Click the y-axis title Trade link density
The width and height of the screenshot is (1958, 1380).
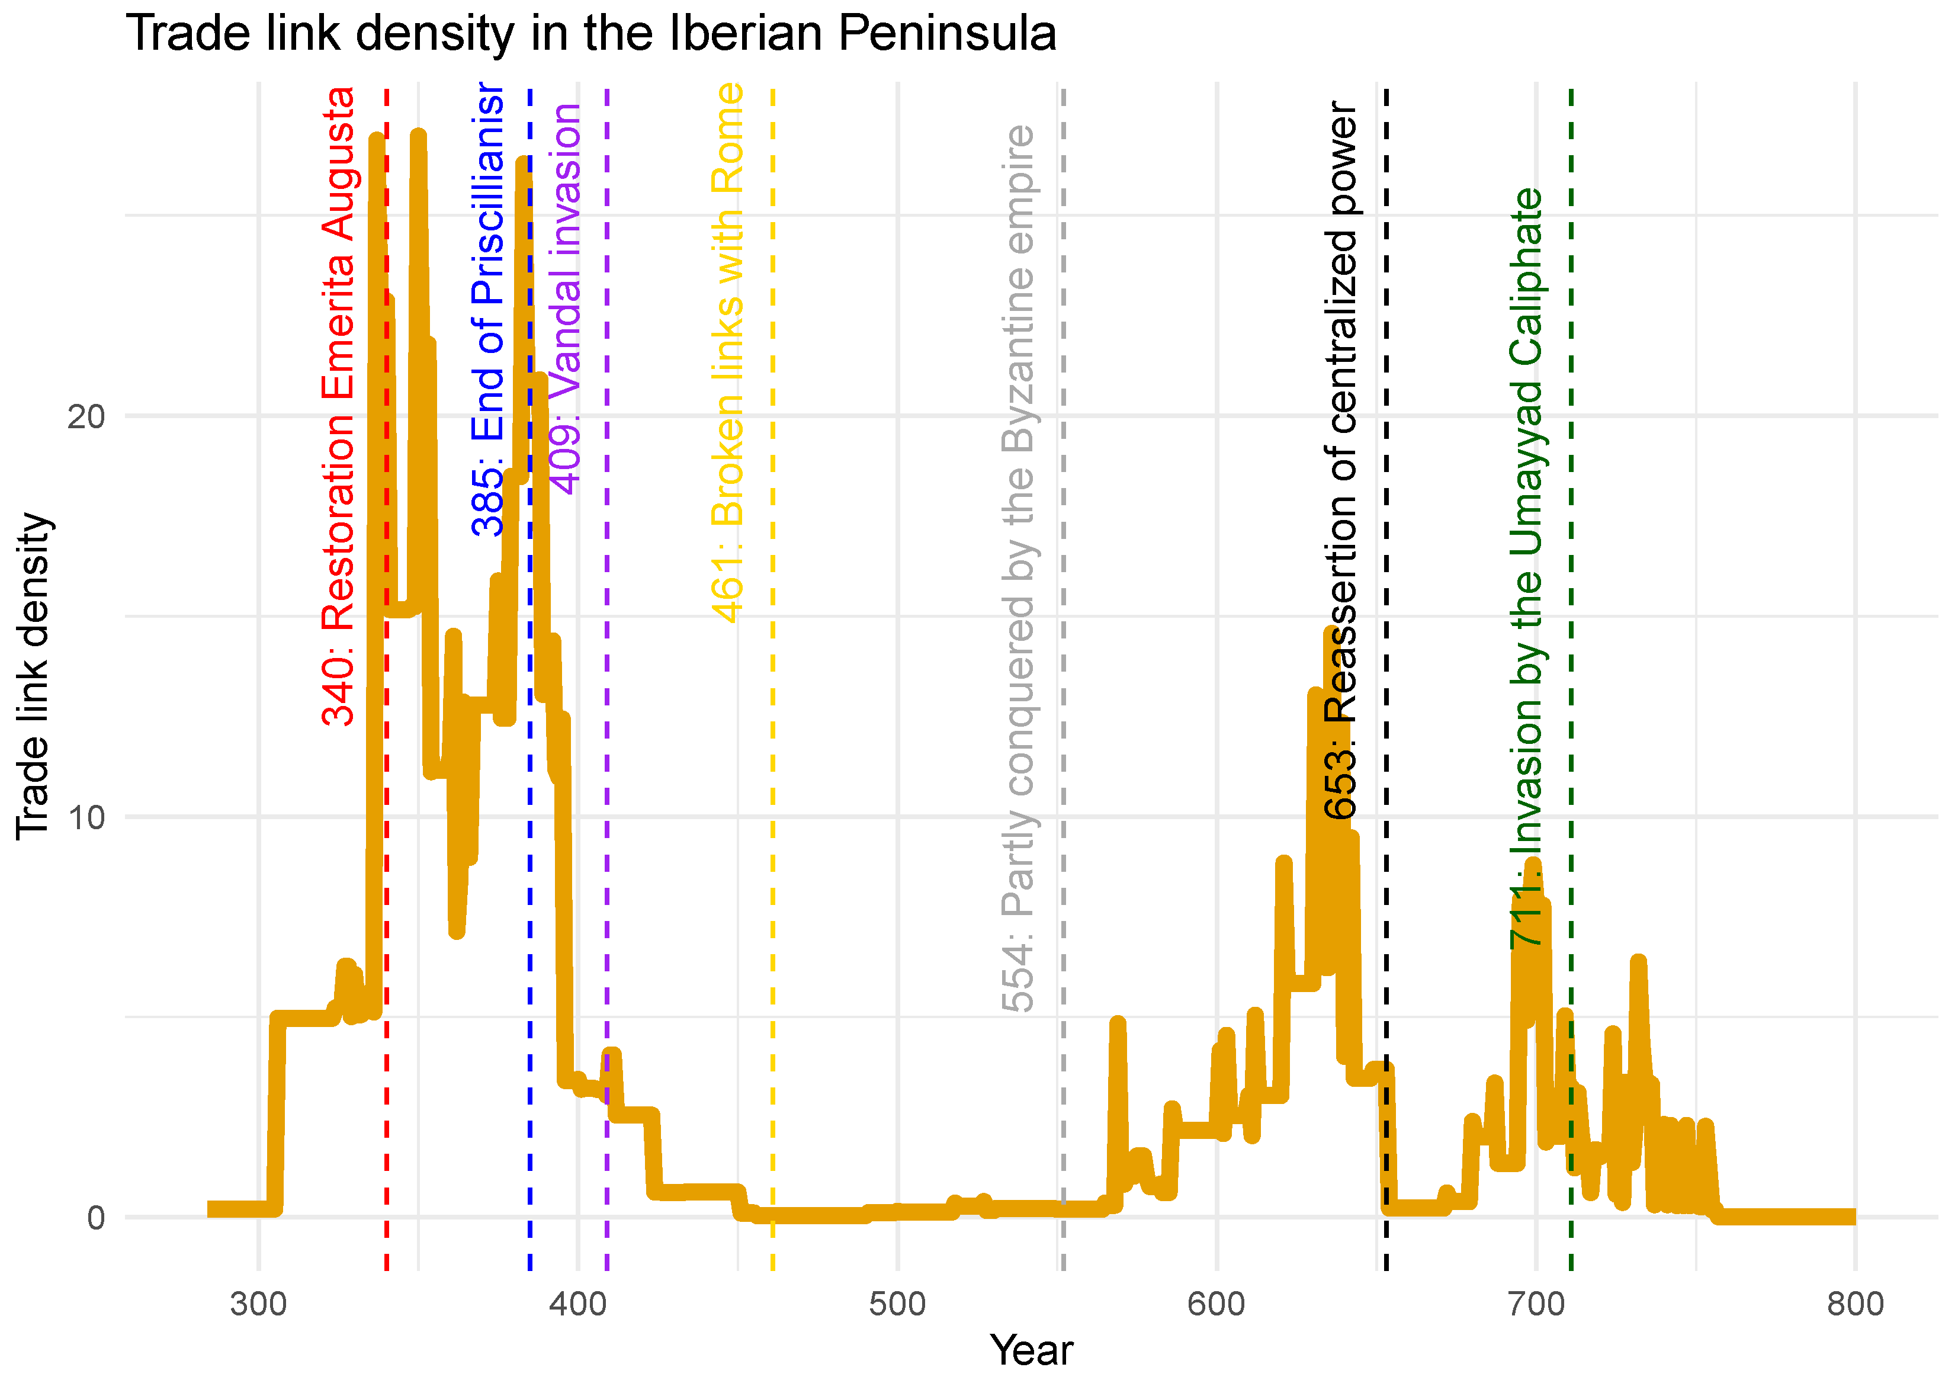(34, 676)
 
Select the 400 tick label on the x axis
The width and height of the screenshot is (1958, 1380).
(578, 1305)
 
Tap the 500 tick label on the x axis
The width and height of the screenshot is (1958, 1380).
(897, 1305)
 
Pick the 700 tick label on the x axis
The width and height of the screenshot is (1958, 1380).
(1536, 1305)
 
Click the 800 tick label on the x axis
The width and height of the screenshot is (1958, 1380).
(1855, 1305)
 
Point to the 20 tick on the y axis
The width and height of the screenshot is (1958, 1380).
(85, 417)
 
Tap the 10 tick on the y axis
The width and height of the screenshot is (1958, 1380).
(85, 817)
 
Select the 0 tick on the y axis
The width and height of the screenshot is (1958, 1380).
(95, 1217)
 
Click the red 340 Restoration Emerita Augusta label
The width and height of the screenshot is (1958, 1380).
(339, 406)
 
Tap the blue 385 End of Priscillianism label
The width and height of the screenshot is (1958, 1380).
(488, 309)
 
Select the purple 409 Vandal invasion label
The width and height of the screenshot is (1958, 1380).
(564, 299)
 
